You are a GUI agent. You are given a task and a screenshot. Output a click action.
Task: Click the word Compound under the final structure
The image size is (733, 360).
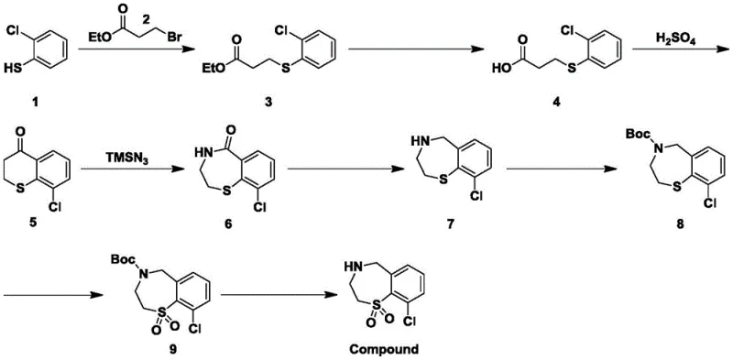click(x=377, y=348)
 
